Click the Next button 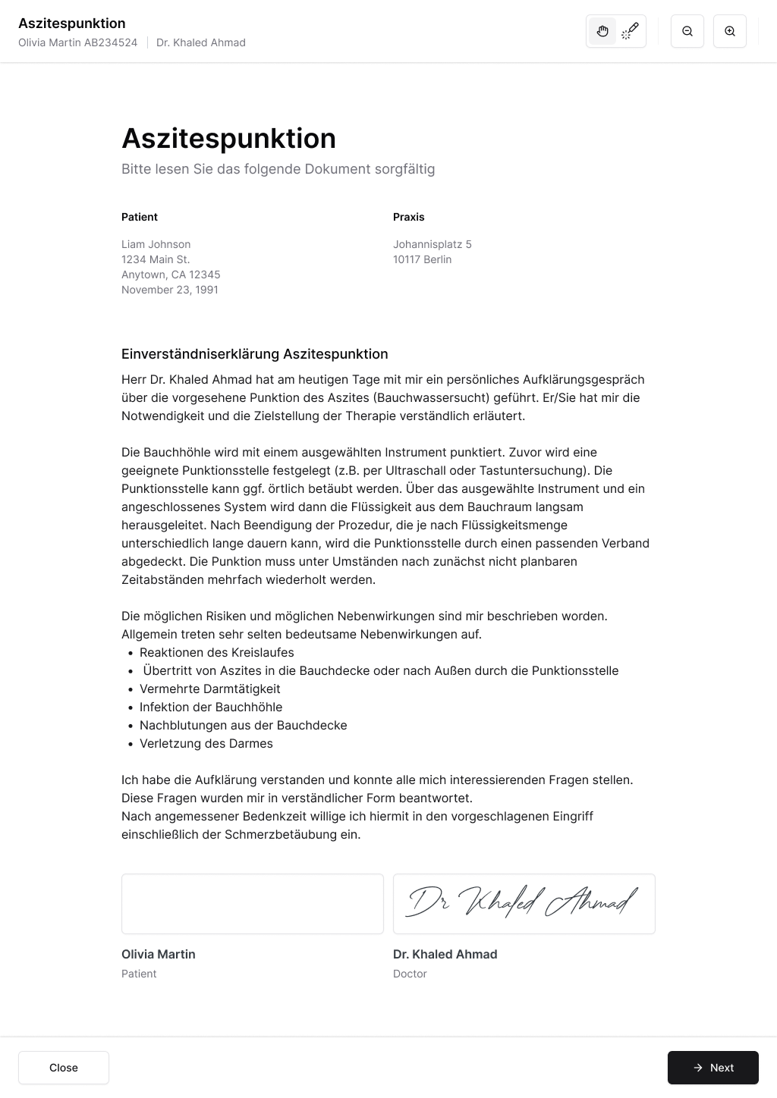coord(713,1068)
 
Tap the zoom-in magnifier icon coord(730,32)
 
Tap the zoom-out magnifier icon coord(687,32)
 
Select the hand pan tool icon coord(602,32)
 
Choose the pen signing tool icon coord(630,32)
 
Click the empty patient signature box coord(252,904)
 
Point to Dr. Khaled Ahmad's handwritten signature coord(524,902)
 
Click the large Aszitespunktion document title coord(228,139)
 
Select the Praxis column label coord(409,217)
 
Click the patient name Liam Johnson coord(156,244)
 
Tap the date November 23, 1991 coord(170,290)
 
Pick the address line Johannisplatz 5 coord(433,244)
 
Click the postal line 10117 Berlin coord(422,259)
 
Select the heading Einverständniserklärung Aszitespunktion coord(254,354)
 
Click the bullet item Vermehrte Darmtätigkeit coord(209,689)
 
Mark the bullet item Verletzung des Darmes coord(206,743)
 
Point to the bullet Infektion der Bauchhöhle coord(211,707)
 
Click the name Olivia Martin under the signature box coord(159,954)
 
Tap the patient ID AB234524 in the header coord(111,42)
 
